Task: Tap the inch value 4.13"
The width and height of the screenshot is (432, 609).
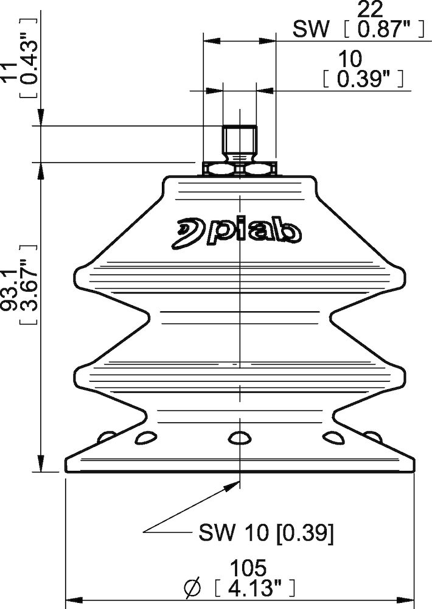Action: pos(254,588)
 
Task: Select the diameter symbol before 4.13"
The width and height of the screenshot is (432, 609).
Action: pos(193,589)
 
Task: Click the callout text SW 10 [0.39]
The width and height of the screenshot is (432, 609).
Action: pos(266,532)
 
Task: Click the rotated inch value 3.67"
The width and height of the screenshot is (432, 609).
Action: pos(29,284)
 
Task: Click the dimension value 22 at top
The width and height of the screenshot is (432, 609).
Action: pos(370,9)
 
